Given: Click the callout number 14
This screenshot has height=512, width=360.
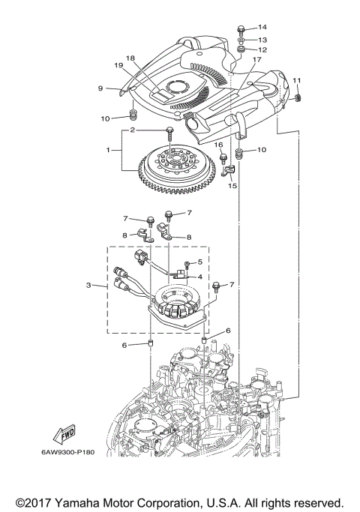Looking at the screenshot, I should click(262, 27).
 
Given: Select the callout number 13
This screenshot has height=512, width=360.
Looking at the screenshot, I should click(262, 39).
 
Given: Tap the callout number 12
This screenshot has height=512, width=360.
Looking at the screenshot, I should click(262, 50).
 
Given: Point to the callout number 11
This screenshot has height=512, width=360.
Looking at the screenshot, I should click(296, 81).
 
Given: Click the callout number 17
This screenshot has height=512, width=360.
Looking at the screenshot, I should click(256, 60).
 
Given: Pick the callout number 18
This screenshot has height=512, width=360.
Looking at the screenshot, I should click(130, 58).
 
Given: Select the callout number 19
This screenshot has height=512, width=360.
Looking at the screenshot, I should click(118, 66).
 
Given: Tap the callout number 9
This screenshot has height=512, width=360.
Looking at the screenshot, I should click(100, 88).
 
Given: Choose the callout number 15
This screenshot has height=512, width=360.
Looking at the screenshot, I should click(232, 184).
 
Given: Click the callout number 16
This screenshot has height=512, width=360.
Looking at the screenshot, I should click(220, 144).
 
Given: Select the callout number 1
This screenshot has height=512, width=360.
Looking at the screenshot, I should click(109, 150).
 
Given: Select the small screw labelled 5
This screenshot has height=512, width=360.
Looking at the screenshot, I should click(187, 264).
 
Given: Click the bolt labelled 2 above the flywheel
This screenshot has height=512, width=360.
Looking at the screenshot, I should click(171, 133).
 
